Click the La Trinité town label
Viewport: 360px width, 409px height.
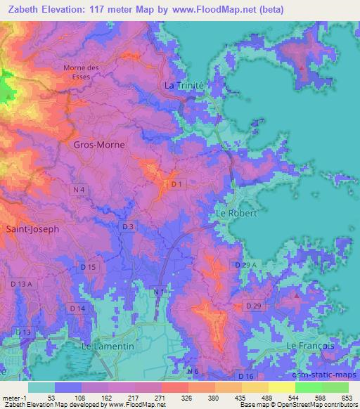(184, 85)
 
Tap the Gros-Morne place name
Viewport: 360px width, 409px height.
(99, 145)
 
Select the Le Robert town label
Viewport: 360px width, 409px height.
(235, 212)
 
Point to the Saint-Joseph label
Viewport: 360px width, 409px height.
(32, 228)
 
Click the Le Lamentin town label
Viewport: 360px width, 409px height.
(108, 346)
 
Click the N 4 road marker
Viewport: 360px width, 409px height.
(78, 190)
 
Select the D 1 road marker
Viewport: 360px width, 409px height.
(178, 184)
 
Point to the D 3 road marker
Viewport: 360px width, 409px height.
(127, 227)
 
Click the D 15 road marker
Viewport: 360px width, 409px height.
(88, 267)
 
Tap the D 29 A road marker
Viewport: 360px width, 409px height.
(240, 264)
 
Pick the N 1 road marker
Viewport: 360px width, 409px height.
(159, 290)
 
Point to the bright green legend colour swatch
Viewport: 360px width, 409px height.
(309, 387)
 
